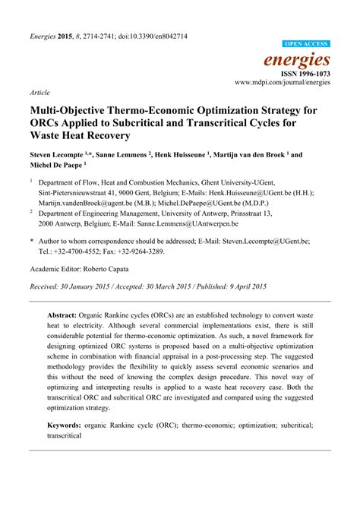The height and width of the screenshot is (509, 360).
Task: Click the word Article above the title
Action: [x=39, y=92]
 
